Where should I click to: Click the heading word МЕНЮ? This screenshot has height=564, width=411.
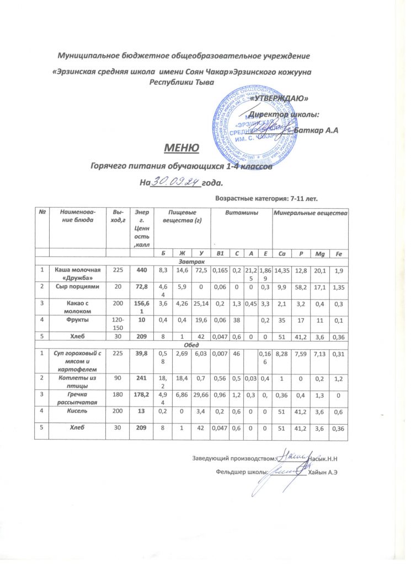[x=177, y=148]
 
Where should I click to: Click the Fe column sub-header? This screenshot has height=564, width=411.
[x=337, y=255]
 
